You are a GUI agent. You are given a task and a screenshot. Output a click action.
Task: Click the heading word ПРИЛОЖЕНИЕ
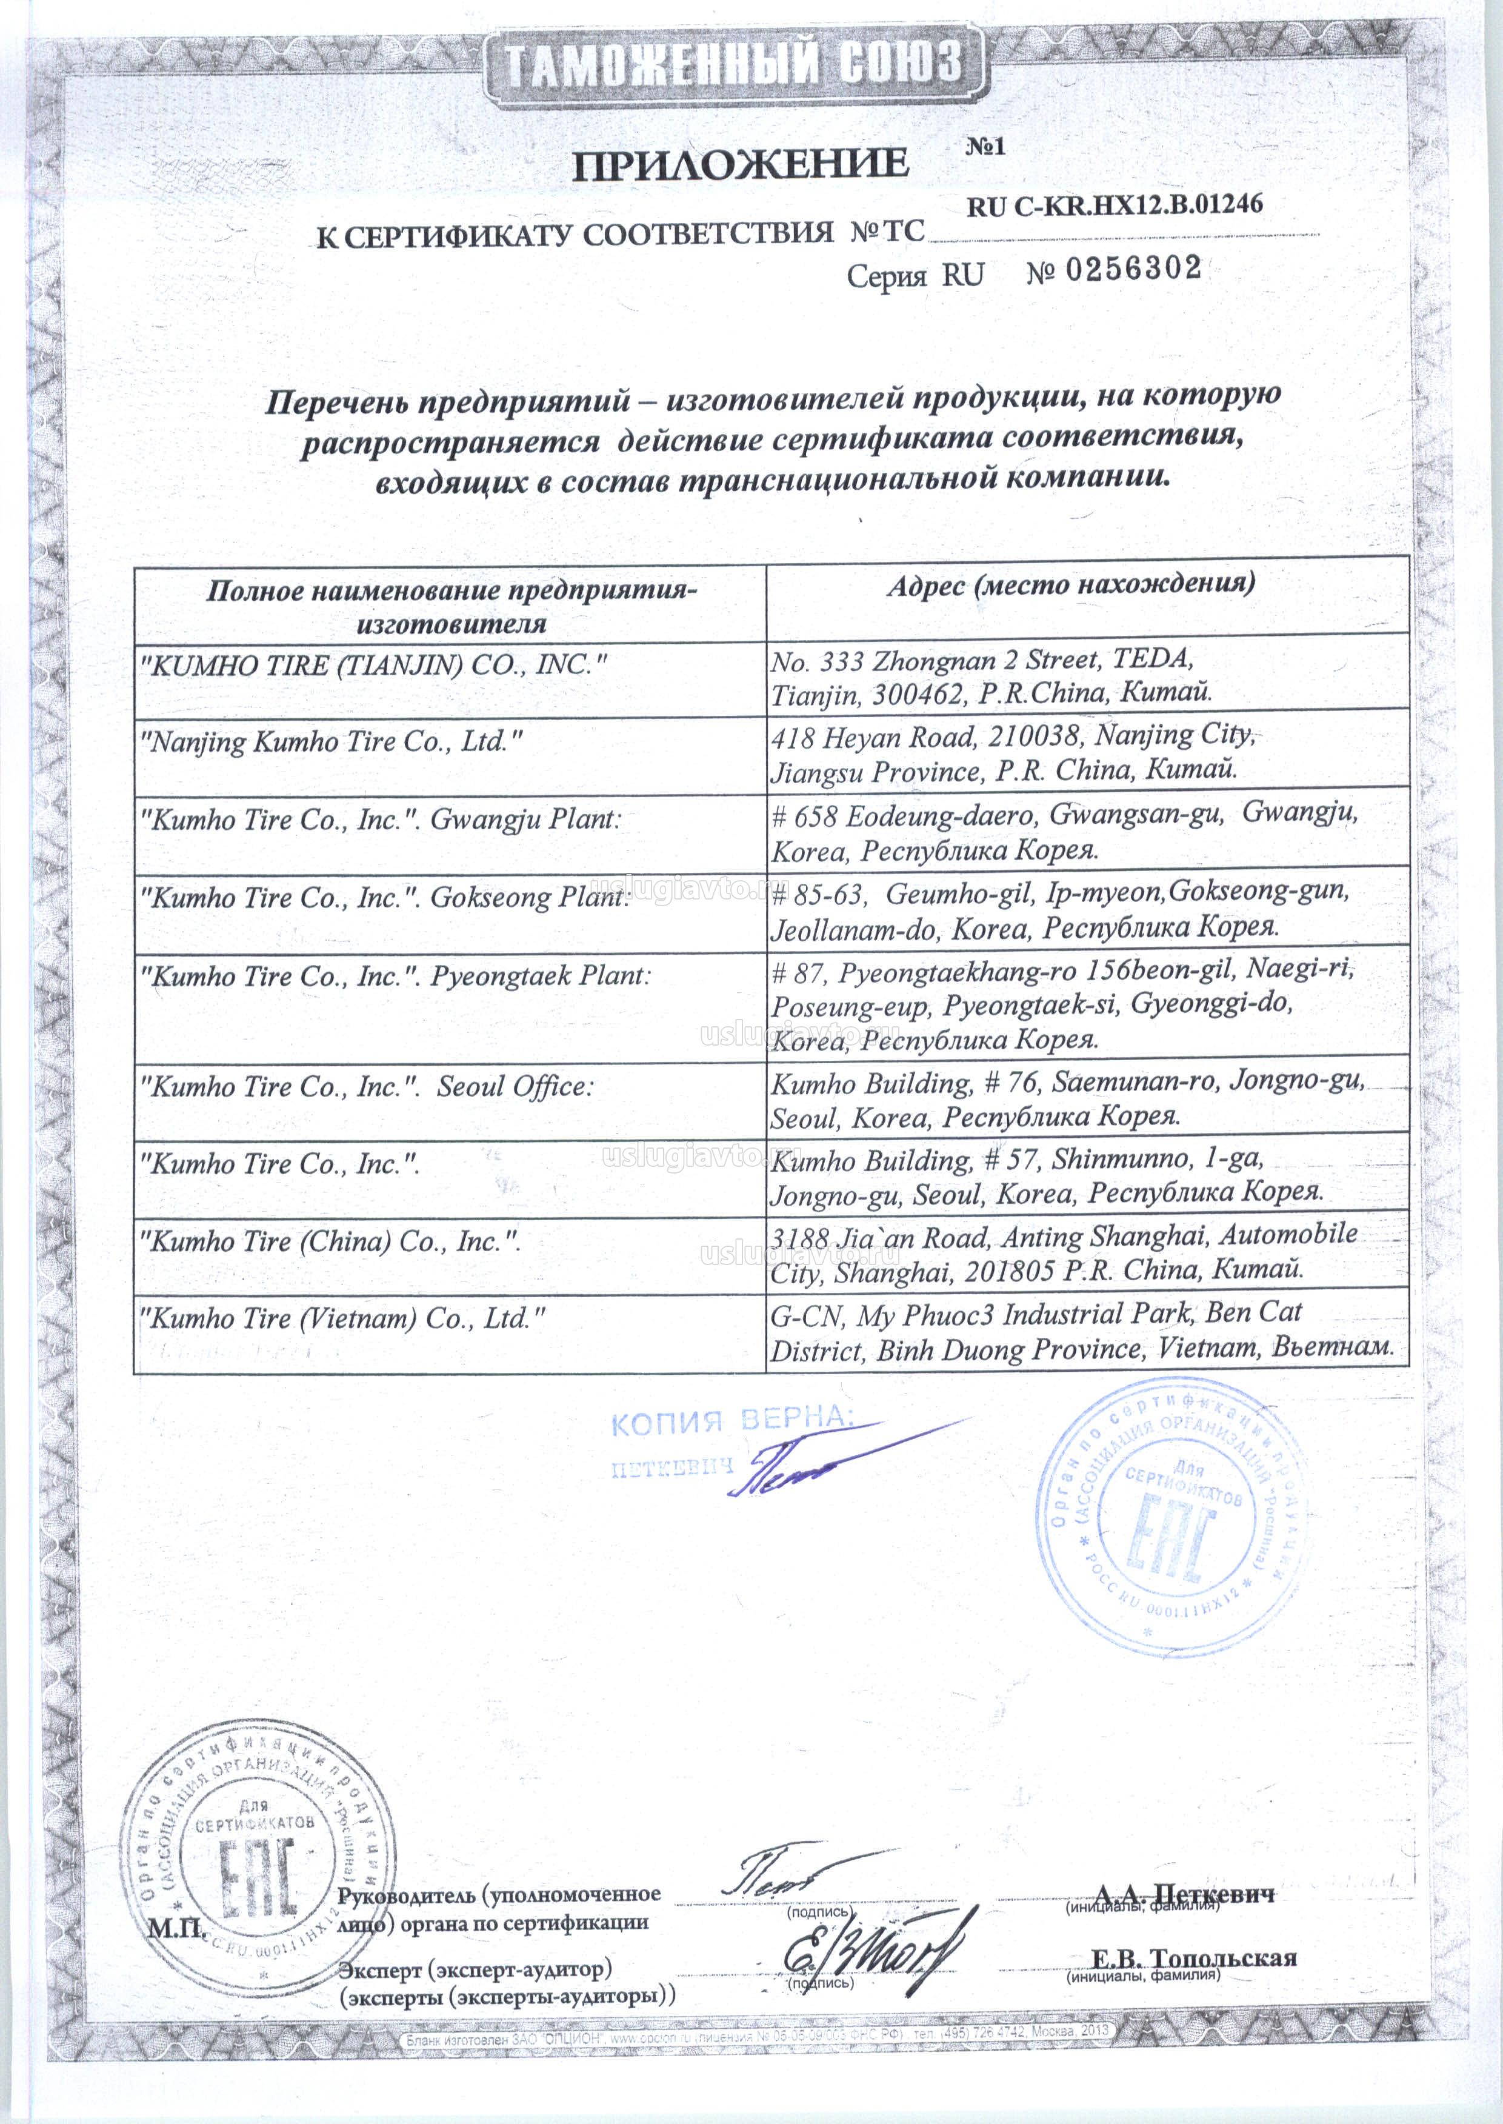coord(741,165)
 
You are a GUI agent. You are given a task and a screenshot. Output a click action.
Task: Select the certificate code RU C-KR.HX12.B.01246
coord(1115,205)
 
